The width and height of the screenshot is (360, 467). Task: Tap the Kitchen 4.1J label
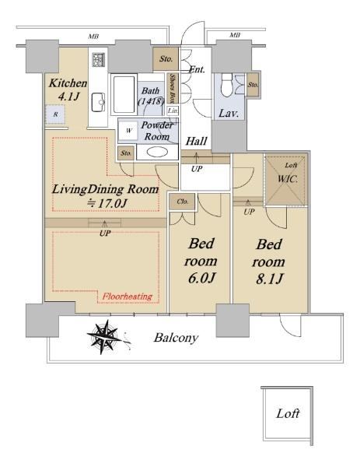point(68,90)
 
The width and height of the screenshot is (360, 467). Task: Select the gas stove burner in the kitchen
point(98,60)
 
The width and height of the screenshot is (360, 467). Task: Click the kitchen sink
point(98,102)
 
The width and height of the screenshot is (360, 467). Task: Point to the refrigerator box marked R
point(55,114)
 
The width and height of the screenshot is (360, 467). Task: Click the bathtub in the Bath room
point(124,94)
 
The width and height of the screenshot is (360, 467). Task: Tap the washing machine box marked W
point(128,131)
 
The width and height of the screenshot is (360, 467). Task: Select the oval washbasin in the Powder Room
point(157,152)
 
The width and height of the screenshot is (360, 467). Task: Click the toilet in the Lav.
point(227,86)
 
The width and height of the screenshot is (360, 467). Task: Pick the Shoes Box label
point(173,89)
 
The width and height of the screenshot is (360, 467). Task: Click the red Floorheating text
point(128,297)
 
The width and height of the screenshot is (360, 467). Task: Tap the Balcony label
point(176,338)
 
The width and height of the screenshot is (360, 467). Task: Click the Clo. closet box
point(183,202)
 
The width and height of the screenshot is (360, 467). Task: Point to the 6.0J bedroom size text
point(201,278)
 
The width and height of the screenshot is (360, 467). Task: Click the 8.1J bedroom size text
point(270,279)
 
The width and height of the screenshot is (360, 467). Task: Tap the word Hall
point(196,141)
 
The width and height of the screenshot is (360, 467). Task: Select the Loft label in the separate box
point(288,413)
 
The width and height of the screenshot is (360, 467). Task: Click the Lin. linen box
point(173,111)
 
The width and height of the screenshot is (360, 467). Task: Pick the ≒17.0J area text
point(108,203)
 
